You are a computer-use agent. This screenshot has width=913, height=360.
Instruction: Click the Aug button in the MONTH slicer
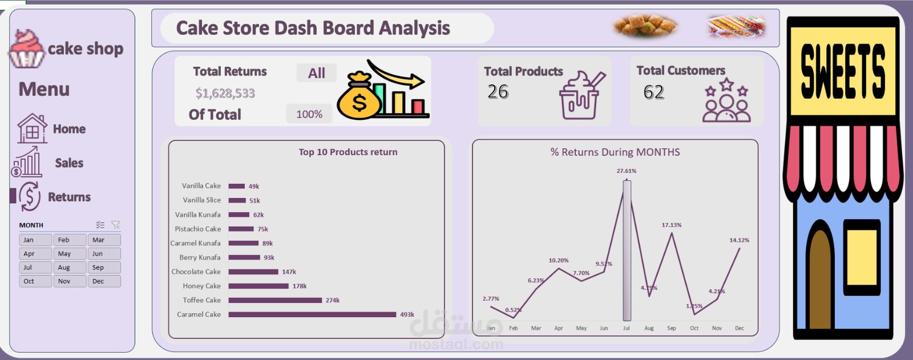(70, 268)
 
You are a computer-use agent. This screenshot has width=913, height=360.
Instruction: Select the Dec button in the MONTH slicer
(104, 281)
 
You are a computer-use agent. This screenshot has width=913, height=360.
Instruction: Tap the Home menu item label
(69, 129)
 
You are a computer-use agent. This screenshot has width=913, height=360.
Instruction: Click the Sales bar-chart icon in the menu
(27, 163)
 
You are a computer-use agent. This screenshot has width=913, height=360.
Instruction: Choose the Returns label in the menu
(69, 197)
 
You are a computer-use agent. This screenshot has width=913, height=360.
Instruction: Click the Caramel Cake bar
(312, 314)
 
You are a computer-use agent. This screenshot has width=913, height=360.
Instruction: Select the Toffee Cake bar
(275, 300)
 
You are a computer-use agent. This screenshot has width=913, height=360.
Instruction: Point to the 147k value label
(289, 272)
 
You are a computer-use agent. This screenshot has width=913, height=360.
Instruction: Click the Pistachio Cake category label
(197, 229)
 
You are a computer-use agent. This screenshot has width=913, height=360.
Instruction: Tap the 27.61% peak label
(626, 171)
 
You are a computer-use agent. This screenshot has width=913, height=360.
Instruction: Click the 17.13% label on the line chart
(672, 225)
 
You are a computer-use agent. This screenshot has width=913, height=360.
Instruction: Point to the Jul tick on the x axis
(626, 328)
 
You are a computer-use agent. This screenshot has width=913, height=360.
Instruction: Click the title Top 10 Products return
(348, 152)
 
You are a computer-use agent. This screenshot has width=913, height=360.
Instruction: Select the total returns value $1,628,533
(225, 93)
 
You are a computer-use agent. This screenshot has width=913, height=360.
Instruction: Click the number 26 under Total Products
(498, 92)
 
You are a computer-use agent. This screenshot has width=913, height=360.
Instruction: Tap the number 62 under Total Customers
(653, 92)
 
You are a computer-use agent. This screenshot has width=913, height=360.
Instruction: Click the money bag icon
(358, 96)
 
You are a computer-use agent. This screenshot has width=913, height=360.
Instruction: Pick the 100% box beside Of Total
(309, 114)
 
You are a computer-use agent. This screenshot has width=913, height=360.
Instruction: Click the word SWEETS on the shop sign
(843, 71)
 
